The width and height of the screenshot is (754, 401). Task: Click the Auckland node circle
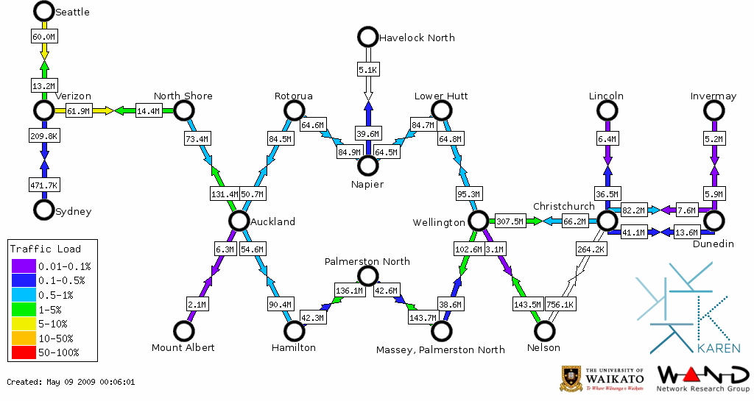pos(238,221)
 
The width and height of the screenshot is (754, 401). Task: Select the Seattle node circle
pos(44,11)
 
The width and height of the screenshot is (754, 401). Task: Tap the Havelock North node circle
pos(367,37)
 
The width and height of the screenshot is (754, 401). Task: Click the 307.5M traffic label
pos(510,221)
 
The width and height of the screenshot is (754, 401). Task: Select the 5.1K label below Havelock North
pos(367,70)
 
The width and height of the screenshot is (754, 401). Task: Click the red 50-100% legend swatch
pos(23,352)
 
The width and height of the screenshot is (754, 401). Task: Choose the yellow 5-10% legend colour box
pos(23,324)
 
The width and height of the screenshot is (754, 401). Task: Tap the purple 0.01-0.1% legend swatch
pos(23,266)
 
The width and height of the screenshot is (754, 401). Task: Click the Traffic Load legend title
pos(46,249)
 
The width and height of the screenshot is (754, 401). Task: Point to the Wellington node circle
pos(479,221)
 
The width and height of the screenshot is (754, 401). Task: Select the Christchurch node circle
pos(606,221)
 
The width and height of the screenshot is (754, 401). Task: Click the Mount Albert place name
pos(183,347)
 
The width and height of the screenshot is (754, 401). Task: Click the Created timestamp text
pos(71,382)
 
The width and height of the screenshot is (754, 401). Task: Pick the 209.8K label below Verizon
pos(44,136)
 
